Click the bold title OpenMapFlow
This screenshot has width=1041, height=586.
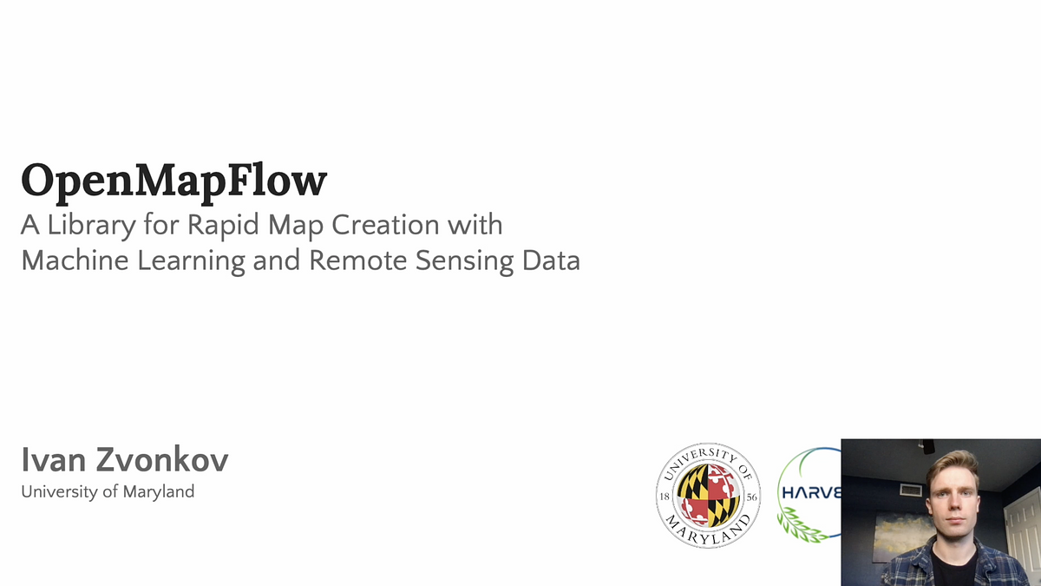tap(173, 181)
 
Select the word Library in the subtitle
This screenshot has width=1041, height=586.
tap(90, 226)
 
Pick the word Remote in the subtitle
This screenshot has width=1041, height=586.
tap(350, 260)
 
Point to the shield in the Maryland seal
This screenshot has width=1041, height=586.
tap(707, 494)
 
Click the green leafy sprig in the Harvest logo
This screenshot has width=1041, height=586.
tap(802, 525)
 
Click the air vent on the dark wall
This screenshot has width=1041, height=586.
tap(910, 490)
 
